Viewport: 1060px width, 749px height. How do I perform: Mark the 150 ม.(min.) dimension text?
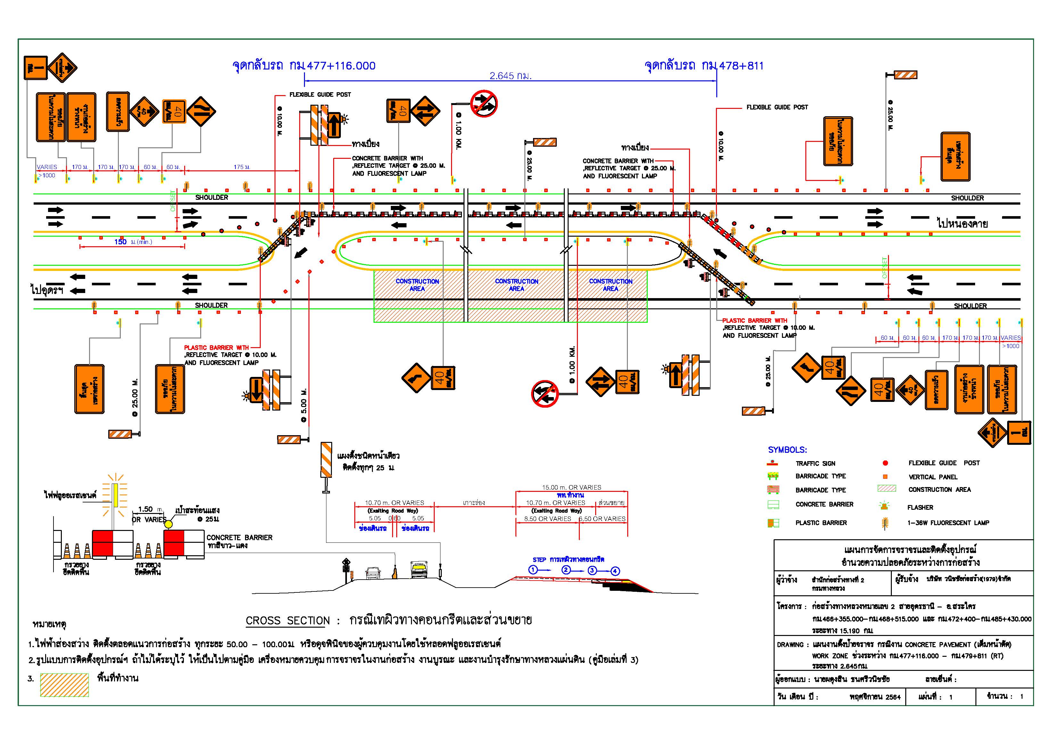(133, 242)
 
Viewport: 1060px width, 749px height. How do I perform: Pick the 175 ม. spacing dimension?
(242, 167)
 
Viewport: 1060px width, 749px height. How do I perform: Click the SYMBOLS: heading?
(787, 450)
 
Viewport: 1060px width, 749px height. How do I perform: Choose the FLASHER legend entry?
(920, 508)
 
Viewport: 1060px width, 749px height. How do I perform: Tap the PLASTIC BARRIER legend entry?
(821, 523)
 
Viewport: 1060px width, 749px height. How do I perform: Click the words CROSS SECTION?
(288, 621)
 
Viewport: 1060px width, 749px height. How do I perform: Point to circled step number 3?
(592, 570)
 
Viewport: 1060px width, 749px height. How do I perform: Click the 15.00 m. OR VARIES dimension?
(571, 487)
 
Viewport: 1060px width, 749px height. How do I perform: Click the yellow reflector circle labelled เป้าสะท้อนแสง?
(169, 524)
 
